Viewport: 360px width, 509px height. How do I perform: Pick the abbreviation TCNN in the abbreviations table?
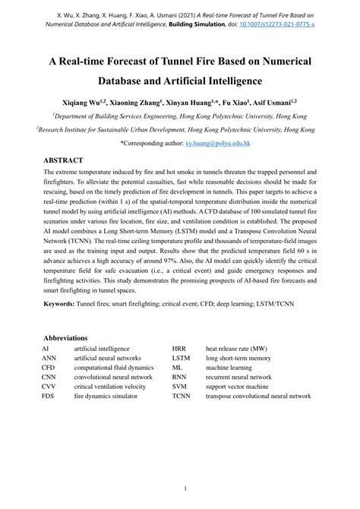pyautogui.click(x=182, y=396)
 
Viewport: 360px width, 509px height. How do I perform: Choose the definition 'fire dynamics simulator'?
pyautogui.click(x=106, y=396)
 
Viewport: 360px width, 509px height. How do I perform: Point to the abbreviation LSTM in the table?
pyautogui.click(x=182, y=357)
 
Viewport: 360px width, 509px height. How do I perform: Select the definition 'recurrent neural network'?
pyautogui.click(x=238, y=376)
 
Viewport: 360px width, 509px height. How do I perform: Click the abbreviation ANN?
pyautogui.click(x=49, y=357)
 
